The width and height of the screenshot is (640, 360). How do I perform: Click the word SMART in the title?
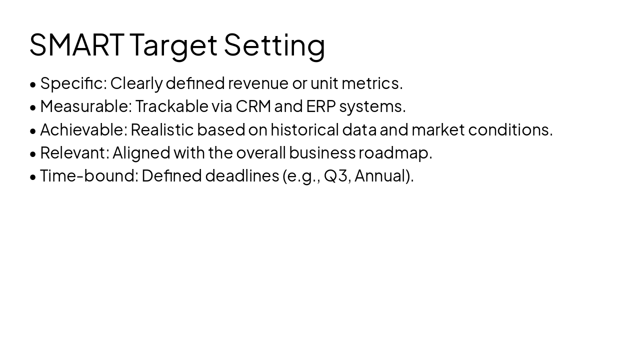coord(76,44)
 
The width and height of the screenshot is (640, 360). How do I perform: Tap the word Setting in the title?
coord(274,45)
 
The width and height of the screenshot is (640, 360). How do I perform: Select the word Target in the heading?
coord(173,45)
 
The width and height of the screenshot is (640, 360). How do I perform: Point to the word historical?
coord(304,130)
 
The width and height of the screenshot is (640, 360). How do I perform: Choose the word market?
coord(437,130)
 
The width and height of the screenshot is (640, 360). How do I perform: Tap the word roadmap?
coord(395,153)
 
